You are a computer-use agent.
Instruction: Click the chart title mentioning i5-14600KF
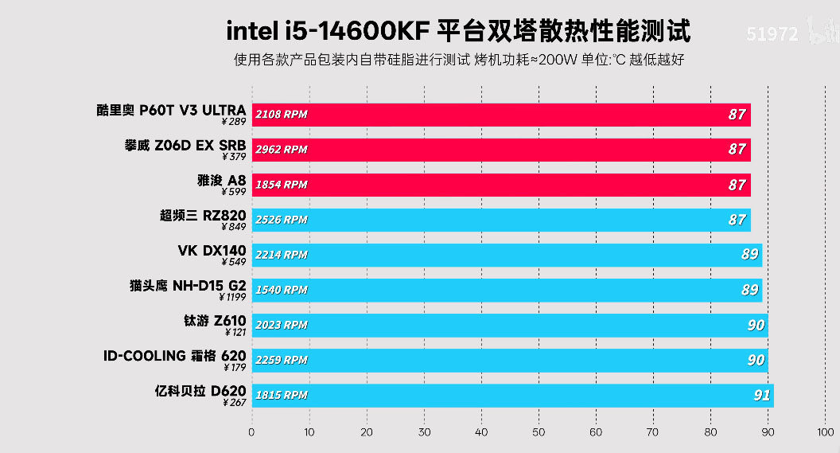(458, 31)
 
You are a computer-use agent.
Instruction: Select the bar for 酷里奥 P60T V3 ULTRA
(501, 115)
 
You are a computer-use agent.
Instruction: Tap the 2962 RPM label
(282, 150)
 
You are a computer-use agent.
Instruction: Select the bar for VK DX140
(507, 255)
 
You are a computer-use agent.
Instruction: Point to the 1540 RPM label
(282, 290)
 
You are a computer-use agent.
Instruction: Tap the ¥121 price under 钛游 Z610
(235, 332)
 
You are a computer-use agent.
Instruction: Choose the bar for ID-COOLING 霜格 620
(510, 360)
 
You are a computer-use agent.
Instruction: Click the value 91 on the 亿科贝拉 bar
(761, 395)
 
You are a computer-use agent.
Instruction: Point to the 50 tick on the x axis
(539, 432)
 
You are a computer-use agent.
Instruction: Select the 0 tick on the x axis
(251, 432)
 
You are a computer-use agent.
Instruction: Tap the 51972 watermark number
(771, 33)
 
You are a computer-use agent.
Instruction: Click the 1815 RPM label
(282, 395)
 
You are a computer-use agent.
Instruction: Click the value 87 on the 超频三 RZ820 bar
(737, 220)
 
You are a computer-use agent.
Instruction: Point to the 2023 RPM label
(282, 325)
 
